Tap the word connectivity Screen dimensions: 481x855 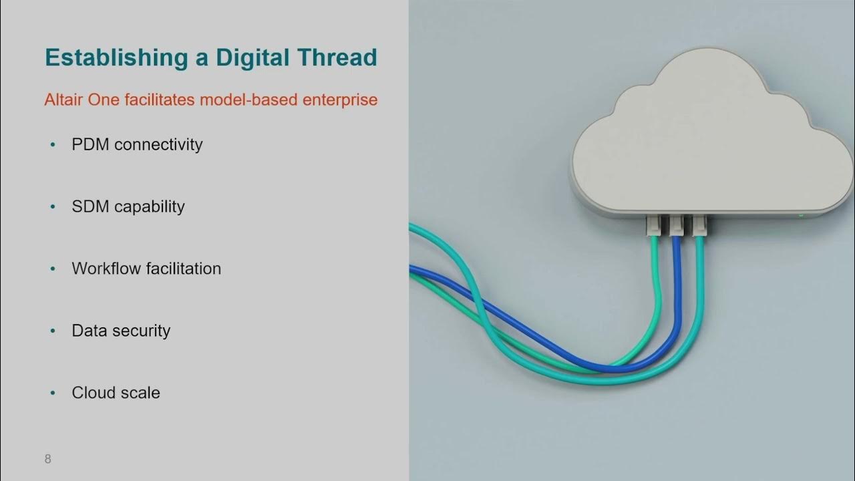pos(158,145)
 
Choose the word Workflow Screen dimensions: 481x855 pos(104,269)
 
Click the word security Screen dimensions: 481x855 pos(141,331)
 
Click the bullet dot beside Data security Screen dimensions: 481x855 pos(53,331)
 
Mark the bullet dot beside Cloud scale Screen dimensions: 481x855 pos(53,393)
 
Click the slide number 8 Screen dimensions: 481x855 pos(47,459)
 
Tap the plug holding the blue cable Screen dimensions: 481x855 pos(676,225)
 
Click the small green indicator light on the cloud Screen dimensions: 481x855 pos(801,216)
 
